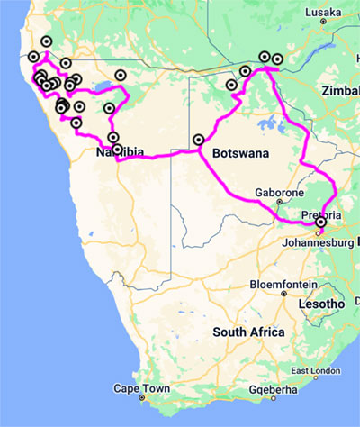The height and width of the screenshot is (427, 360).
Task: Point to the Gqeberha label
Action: (x=269, y=390)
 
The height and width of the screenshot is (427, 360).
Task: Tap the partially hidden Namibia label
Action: (x=121, y=153)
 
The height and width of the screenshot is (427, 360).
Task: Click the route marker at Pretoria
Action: (x=320, y=223)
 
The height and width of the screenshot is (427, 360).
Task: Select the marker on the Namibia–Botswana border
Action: (x=198, y=140)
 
